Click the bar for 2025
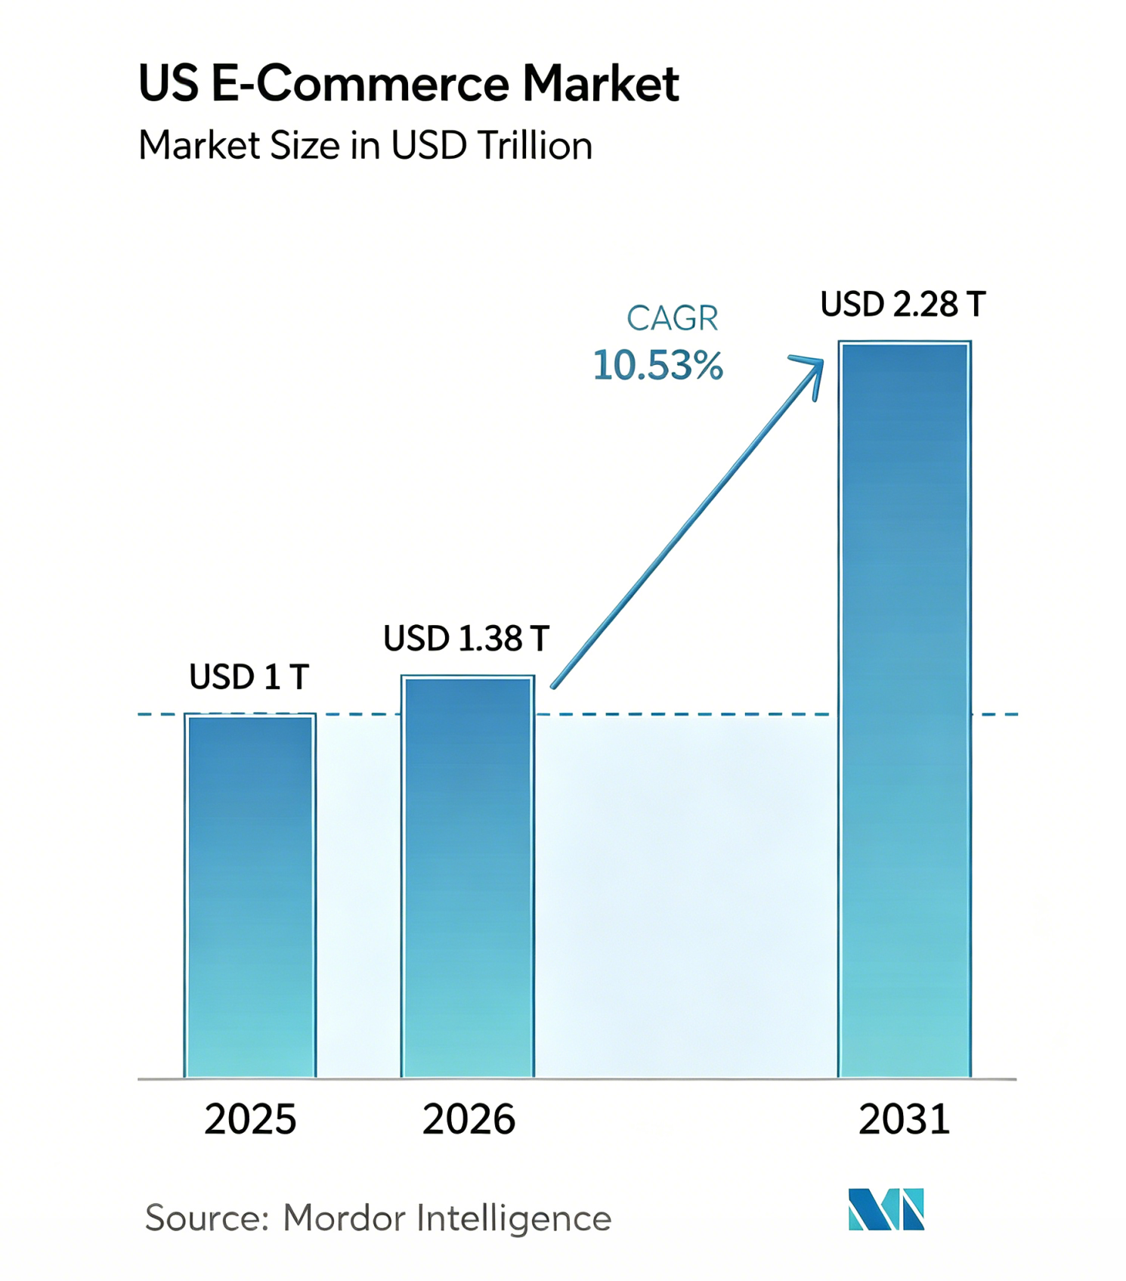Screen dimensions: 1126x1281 (x=250, y=896)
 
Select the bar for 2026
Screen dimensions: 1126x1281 (x=468, y=877)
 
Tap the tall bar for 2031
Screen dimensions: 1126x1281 (x=905, y=710)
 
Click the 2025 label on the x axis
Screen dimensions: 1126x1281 (x=250, y=1119)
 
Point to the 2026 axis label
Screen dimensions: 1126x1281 (x=469, y=1119)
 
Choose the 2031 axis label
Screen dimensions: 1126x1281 (x=904, y=1119)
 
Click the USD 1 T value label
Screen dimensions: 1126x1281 (x=249, y=677)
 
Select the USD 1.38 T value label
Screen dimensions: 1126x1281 (x=466, y=639)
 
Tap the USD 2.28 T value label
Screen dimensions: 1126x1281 (x=904, y=305)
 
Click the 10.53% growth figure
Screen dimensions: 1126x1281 (x=658, y=366)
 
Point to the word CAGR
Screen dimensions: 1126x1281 (x=672, y=318)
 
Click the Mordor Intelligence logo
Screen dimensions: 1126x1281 (x=886, y=1209)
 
